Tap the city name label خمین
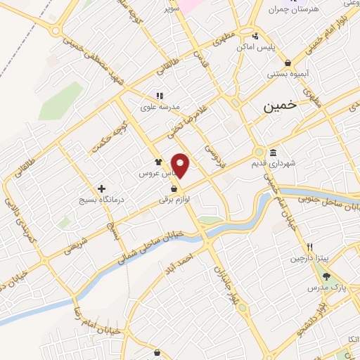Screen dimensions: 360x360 pos(277,108)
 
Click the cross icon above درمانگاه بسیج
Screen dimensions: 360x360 pos(103,188)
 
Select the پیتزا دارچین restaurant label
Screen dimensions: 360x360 pos(309,258)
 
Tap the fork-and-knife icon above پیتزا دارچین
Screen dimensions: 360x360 pos(310,247)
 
